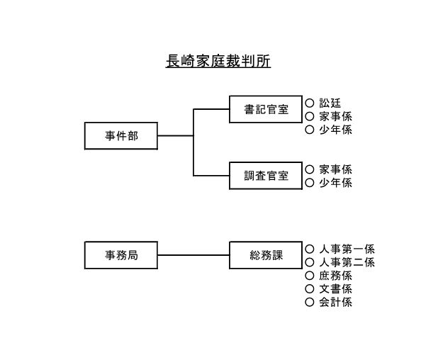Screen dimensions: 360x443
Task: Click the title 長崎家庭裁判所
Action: tap(218, 62)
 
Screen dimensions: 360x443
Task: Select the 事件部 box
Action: tap(121, 135)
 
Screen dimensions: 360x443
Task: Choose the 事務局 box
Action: tap(121, 255)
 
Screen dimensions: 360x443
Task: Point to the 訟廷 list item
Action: tap(330, 103)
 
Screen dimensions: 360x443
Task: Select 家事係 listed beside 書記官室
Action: tap(335, 116)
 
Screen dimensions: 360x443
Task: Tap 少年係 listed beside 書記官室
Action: tap(335, 130)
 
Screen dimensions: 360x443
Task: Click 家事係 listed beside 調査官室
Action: tap(335, 169)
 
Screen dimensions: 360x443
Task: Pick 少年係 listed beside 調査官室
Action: tap(335, 183)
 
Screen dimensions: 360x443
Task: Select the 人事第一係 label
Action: tap(347, 249)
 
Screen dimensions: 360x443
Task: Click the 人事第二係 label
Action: tap(347, 262)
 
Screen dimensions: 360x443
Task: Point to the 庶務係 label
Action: tap(335, 276)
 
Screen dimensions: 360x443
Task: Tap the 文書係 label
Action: tap(335, 289)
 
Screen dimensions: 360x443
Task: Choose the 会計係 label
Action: tap(335, 303)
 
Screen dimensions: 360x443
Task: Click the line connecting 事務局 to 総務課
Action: tap(194, 255)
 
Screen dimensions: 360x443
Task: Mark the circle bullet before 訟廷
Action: tap(309, 103)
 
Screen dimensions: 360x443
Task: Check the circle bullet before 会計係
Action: tap(309, 303)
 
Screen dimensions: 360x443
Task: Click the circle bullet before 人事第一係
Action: tap(309, 249)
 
